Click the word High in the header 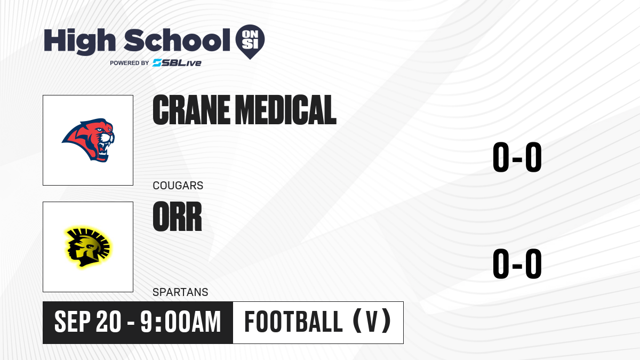79,41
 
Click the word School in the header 177,40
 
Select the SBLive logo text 177,63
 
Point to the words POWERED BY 130,63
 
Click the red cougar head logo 89,140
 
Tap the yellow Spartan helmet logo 87,247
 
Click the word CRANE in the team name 191,110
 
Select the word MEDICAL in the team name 287,110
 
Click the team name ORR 177,217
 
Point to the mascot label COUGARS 178,186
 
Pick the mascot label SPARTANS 180,292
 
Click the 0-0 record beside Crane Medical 517,157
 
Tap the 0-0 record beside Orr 517,263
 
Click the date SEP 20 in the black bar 87,322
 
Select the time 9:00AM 181,322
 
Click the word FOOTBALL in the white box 293,322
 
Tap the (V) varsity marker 372,321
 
